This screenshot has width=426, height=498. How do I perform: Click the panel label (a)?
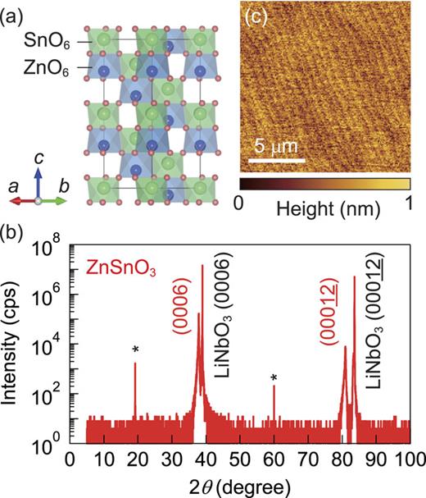(x=14, y=16)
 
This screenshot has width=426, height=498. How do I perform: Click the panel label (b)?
(x=14, y=222)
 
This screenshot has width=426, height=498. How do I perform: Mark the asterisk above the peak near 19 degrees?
(x=136, y=350)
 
